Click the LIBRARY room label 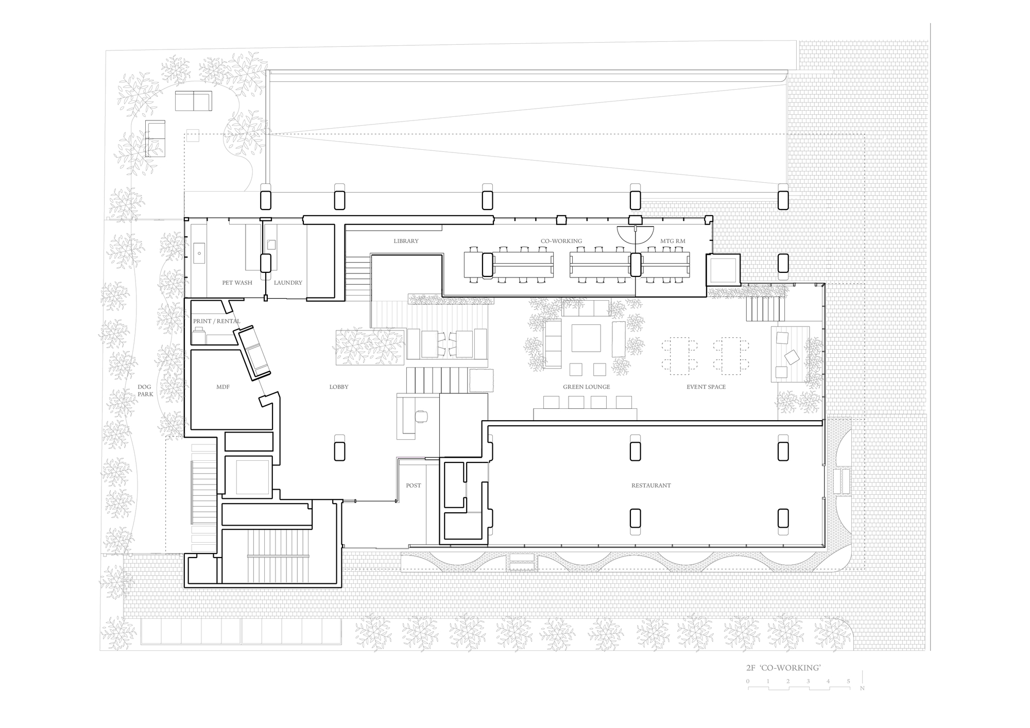406,241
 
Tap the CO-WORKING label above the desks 561,241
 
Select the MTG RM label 673,241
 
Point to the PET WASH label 237,283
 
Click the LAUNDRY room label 288,283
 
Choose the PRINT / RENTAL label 216,321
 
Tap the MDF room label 222,387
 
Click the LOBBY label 339,387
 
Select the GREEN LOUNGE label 586,387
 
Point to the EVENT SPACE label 706,387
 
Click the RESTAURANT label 651,486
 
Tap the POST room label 413,486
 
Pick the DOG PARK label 145,391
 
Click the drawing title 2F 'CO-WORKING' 783,668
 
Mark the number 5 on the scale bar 848,682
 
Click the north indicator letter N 862,688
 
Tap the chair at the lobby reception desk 421,416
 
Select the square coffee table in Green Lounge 586,338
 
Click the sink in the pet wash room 198,253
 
